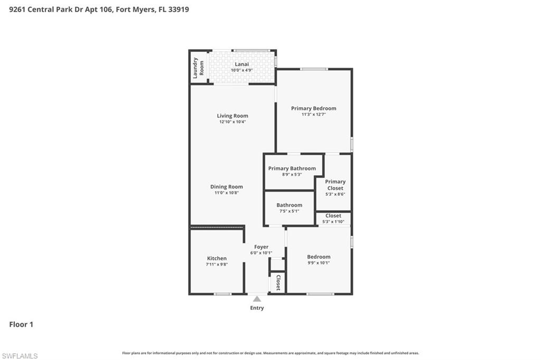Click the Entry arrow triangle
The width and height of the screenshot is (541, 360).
click(257, 299)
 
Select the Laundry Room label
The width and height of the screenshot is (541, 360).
click(198, 68)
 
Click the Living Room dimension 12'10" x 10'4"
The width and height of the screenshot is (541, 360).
click(232, 122)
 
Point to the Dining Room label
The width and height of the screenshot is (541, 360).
click(227, 186)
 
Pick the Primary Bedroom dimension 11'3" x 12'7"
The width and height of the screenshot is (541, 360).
click(313, 115)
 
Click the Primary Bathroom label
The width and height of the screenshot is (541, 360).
click(292, 168)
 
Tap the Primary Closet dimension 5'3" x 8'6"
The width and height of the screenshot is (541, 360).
click(335, 194)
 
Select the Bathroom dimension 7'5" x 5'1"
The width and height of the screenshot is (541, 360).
click(289, 211)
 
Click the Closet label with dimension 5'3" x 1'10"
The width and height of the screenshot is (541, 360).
click(333, 215)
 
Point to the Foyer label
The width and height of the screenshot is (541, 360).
click(261, 247)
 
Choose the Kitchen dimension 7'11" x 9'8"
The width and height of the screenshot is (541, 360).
click(217, 264)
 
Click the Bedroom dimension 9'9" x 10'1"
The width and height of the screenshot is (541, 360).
click(319, 263)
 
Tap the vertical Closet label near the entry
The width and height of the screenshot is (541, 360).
click(278, 283)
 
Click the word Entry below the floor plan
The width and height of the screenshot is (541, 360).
click(257, 308)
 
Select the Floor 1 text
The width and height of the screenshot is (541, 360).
click(21, 325)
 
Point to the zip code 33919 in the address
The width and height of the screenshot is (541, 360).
click(179, 10)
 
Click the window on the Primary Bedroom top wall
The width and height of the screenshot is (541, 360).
click(314, 69)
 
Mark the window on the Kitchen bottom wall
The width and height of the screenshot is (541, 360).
click(222, 294)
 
